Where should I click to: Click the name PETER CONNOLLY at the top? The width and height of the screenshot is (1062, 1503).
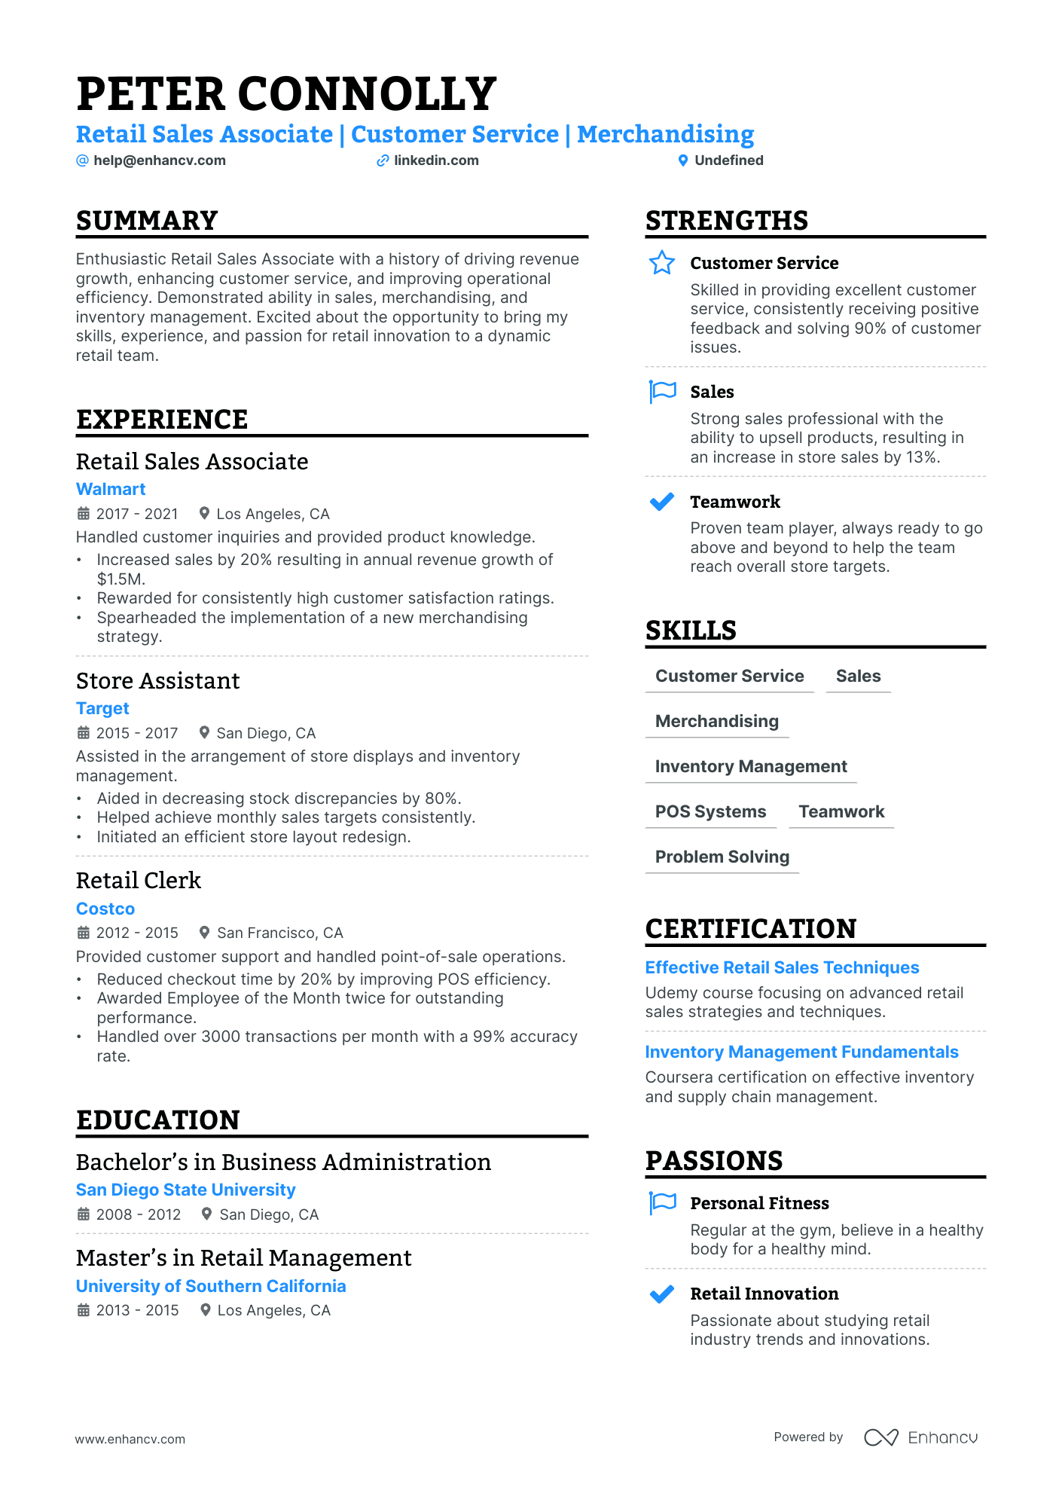286,94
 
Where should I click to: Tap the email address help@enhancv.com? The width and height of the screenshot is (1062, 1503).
159,160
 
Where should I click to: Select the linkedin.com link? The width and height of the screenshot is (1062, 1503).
435,160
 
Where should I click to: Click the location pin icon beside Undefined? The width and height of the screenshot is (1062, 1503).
683,160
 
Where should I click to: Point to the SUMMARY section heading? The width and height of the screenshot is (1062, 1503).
147,221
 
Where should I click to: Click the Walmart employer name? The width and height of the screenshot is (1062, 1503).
111,489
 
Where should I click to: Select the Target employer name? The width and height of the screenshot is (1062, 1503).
102,708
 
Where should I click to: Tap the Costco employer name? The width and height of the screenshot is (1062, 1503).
105,909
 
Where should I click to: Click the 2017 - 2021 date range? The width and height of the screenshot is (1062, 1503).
136,514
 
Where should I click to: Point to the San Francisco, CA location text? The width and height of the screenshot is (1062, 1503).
279,933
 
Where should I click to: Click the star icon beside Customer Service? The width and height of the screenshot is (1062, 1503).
662,263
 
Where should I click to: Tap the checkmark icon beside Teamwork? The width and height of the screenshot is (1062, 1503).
662,502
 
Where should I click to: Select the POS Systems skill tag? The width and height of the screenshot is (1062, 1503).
710,811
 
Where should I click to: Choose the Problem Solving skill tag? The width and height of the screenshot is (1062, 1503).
722,857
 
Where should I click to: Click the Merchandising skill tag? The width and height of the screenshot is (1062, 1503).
716,721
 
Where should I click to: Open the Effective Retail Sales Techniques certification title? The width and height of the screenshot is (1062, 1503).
782,967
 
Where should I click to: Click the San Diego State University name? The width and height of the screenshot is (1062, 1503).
185,1190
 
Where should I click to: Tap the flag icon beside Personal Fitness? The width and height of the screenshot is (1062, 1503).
663,1202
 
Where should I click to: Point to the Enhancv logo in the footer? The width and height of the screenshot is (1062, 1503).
920,1437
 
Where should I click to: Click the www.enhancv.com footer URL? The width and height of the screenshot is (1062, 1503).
130,1439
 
